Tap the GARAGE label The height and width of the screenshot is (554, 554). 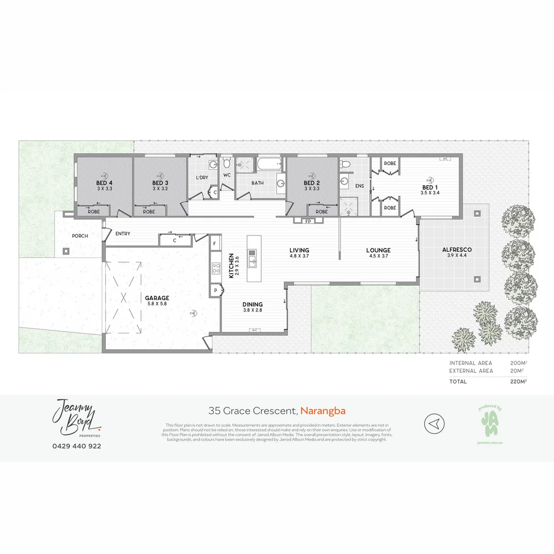156,298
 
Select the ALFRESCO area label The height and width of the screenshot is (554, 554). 457,250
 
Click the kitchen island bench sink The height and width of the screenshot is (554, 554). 252,262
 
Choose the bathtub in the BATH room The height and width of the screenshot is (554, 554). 268,165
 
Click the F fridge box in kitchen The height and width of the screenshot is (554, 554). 214,243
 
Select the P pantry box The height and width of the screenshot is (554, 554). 214,291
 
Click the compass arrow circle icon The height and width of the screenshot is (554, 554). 434,424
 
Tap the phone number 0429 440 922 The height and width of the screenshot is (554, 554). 76,446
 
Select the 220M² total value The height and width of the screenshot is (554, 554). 519,381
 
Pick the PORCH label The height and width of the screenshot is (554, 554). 80,236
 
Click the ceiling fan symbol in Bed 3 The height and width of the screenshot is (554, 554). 160,174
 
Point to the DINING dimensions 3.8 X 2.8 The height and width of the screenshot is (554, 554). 252,310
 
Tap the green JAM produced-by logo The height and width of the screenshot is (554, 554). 488,424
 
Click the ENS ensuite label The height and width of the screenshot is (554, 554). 360,186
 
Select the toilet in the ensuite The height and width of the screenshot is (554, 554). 345,164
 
